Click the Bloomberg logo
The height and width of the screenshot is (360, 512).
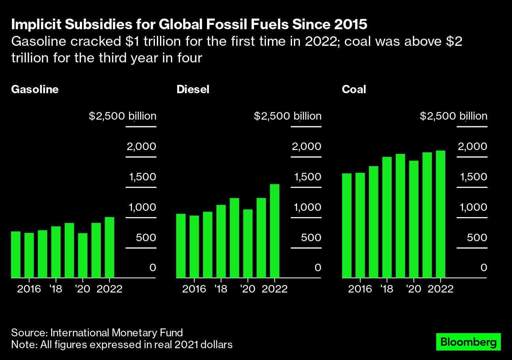468,342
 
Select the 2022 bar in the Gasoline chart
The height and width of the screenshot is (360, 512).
109,247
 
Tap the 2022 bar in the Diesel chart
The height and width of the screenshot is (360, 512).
275,231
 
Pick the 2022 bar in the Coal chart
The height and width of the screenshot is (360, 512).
440,214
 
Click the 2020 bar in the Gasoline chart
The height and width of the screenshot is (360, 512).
83,255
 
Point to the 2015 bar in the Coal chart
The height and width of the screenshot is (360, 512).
346,225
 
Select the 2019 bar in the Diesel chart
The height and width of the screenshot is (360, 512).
234,238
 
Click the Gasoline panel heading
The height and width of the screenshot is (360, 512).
35,90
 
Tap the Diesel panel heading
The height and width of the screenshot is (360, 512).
193,90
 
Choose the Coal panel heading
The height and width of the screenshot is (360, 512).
354,90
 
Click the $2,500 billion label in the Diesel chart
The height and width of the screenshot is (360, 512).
288,116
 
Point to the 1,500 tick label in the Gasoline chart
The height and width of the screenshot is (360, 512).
141,177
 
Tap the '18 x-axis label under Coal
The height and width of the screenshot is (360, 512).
387,289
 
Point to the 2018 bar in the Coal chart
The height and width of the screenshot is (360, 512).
387,217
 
